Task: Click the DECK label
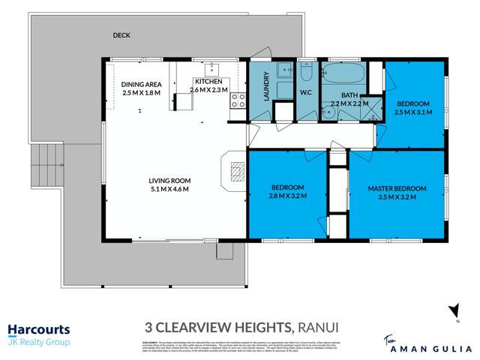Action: (x=121, y=35)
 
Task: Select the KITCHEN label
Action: (x=208, y=81)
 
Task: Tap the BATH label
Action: (x=350, y=95)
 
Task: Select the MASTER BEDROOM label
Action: (x=397, y=188)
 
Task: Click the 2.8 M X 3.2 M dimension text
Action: (x=287, y=196)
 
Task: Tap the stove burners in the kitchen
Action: (x=238, y=100)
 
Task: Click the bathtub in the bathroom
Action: (x=343, y=75)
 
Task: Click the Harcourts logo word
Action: (x=38, y=329)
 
